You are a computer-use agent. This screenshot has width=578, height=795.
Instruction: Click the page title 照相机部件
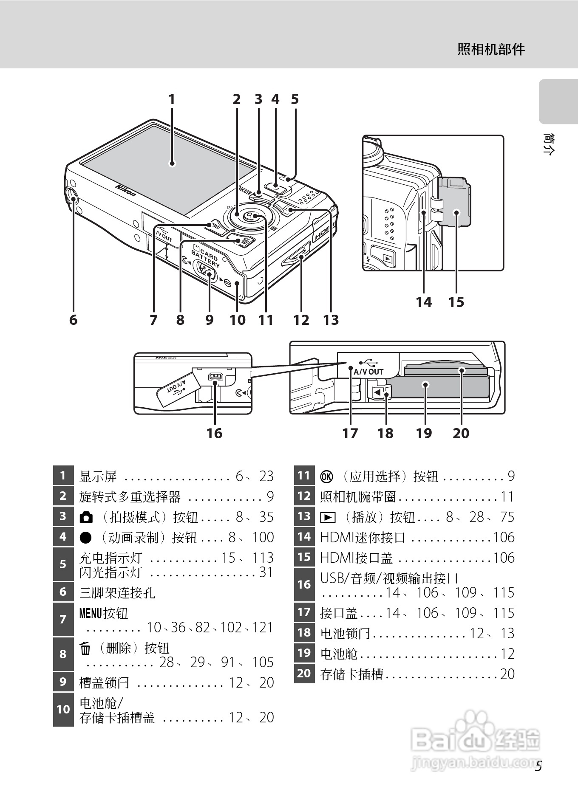pyautogui.click(x=491, y=50)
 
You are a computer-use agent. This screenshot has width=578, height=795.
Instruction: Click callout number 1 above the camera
pyautogui.click(x=172, y=99)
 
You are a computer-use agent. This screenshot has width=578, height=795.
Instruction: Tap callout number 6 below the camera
pyautogui.click(x=74, y=319)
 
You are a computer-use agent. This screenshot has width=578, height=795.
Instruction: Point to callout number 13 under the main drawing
pyautogui.click(x=331, y=319)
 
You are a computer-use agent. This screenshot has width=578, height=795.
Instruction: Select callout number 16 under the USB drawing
pyautogui.click(x=214, y=433)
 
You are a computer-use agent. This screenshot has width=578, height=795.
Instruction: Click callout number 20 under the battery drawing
pyautogui.click(x=461, y=433)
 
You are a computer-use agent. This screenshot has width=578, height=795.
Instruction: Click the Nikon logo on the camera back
pyautogui.click(x=126, y=190)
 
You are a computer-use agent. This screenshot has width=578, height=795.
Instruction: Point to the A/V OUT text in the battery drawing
pyautogui.click(x=368, y=372)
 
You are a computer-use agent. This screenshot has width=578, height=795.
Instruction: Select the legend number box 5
pyautogui.click(x=63, y=564)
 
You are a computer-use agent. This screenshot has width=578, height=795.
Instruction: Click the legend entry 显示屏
pyautogui.click(x=98, y=476)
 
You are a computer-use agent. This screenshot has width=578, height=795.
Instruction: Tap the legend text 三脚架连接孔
pyautogui.click(x=117, y=592)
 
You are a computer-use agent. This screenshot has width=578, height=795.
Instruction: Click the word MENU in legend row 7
pyautogui.click(x=91, y=613)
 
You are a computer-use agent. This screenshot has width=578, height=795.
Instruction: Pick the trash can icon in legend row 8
pyautogui.click(x=85, y=648)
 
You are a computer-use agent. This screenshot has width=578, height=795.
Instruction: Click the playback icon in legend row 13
pyautogui.click(x=328, y=517)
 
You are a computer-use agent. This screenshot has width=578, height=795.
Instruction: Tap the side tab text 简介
pyautogui.click(x=549, y=144)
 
